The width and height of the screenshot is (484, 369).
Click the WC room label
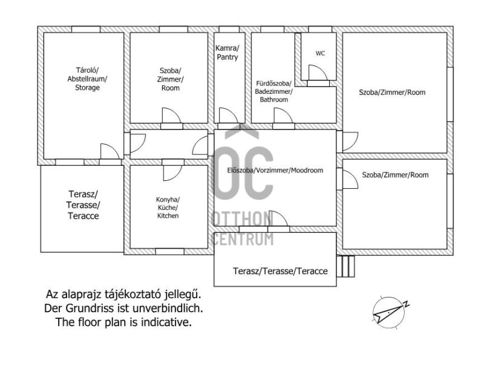coord(320,53)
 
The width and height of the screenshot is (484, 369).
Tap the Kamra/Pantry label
coord(227,53)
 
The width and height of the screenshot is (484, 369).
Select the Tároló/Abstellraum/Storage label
coord(87,79)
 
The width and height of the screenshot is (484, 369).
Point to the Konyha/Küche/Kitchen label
coord(168,207)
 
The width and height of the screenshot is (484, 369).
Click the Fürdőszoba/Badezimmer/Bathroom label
coord(274,91)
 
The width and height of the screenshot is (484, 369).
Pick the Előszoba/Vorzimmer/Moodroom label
coord(275,171)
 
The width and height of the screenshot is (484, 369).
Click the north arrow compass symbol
coord(390,312)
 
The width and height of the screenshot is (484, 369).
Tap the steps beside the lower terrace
coord(345,266)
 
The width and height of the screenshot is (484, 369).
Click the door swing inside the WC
coord(317,73)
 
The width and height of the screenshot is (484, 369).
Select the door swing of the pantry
coord(229,116)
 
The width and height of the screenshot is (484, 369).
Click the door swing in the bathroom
coord(283,116)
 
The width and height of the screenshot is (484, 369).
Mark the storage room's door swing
coord(110,151)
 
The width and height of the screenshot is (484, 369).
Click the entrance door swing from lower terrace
coord(278,218)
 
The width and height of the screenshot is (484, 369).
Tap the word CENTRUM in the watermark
coord(243,240)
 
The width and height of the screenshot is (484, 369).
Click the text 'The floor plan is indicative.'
coord(123,322)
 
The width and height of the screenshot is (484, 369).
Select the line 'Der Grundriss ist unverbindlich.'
coord(123,309)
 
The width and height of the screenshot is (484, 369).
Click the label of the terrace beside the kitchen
coord(83,205)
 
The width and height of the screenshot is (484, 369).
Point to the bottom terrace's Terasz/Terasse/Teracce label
coord(280,271)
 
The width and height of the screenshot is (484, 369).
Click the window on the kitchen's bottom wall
coord(170,252)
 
